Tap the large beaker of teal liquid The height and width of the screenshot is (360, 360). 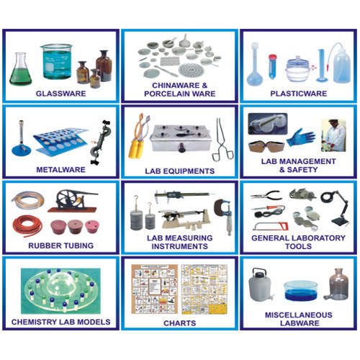[x=55, y=62]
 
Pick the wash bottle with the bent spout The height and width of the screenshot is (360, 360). [x=341, y=66]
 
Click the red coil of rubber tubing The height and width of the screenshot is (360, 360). [x=27, y=225]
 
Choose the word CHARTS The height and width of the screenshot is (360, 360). [x=179, y=323]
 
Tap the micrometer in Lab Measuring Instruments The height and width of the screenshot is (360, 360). [x=220, y=213]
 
